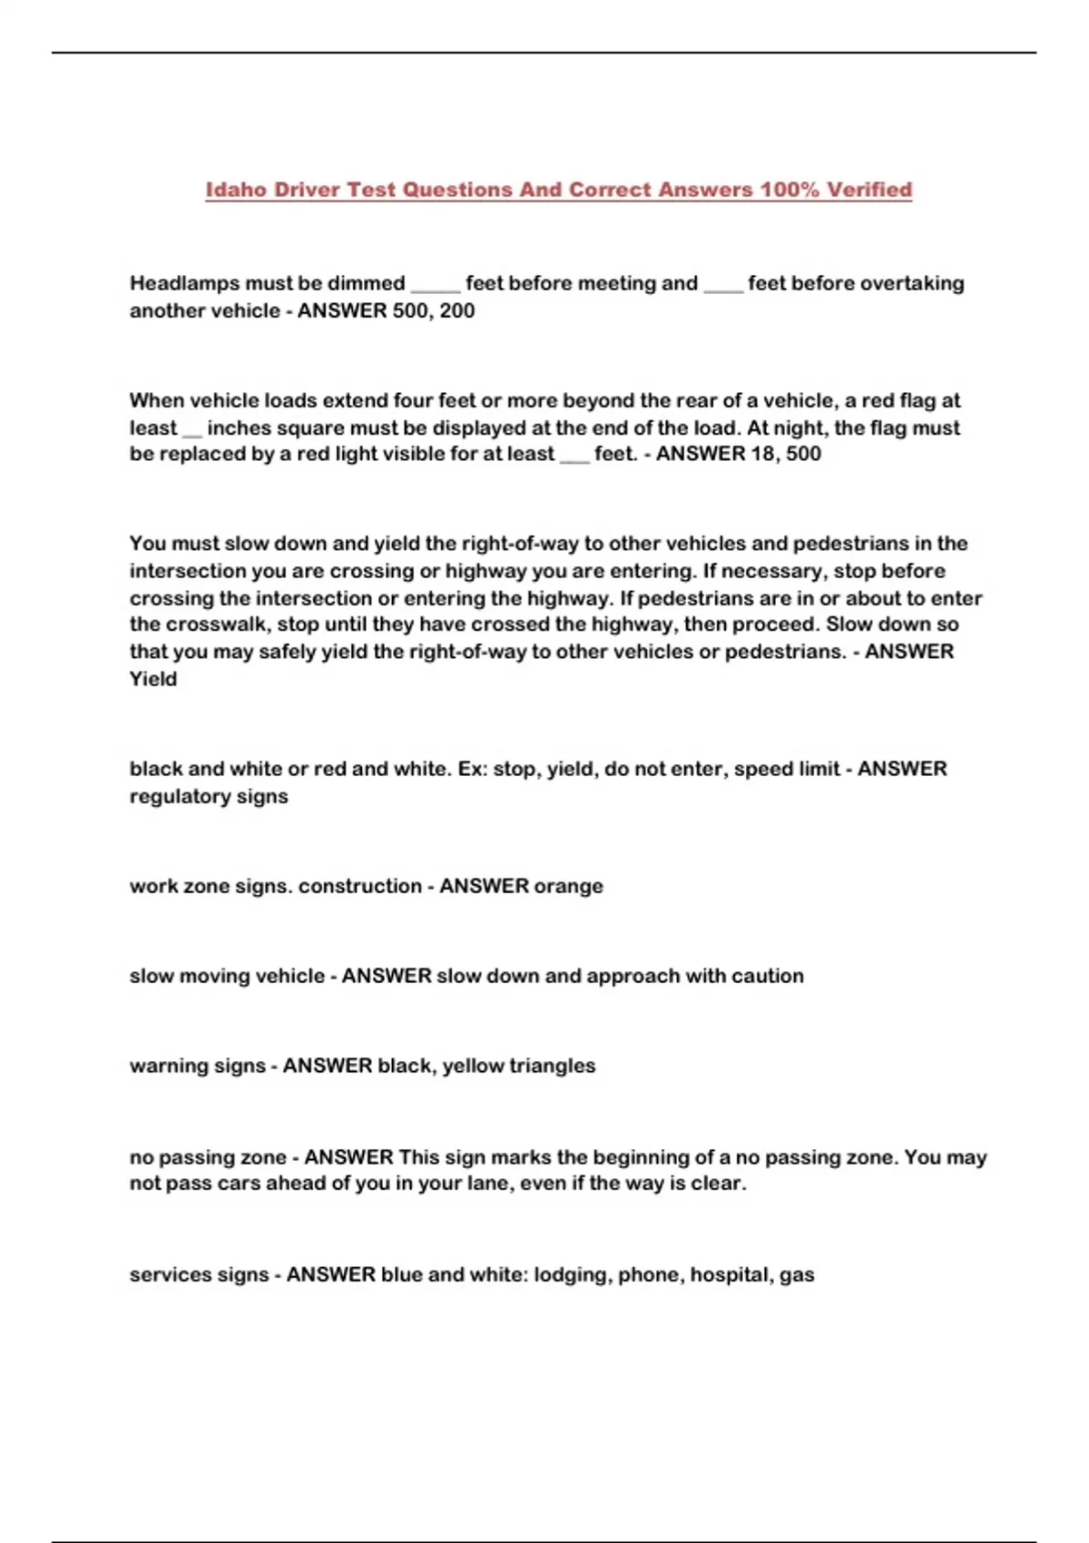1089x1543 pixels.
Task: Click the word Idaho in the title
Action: point(236,190)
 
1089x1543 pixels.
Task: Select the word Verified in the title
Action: point(869,190)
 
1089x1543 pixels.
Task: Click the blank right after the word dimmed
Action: point(436,286)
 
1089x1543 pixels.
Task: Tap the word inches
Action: point(239,428)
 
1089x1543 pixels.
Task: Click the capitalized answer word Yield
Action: point(152,679)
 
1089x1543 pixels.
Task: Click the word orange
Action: point(568,886)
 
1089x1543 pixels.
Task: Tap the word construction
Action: point(360,886)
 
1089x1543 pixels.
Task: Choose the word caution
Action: point(771,976)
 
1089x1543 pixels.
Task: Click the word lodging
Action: point(572,1274)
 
